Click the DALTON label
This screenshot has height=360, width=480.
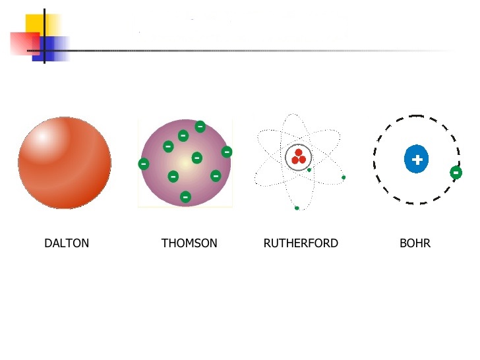click(x=67, y=243)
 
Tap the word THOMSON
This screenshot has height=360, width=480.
click(x=189, y=243)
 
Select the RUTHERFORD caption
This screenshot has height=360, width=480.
click(x=301, y=243)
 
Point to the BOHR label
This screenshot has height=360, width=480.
click(x=415, y=243)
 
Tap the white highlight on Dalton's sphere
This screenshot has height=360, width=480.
click(x=42, y=137)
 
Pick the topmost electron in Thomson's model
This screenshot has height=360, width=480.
click(x=200, y=127)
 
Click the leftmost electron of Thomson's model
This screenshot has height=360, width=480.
click(x=143, y=164)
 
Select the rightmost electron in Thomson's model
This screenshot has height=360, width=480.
click(x=227, y=152)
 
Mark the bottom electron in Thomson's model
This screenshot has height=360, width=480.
click(x=185, y=196)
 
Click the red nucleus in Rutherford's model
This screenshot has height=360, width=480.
click(x=299, y=157)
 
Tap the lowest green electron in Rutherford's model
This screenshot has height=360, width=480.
click(x=297, y=208)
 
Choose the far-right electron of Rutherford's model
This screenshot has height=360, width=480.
click(x=344, y=177)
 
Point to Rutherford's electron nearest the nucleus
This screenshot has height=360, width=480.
click(x=309, y=170)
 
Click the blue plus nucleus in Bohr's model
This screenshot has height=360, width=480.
click(x=417, y=160)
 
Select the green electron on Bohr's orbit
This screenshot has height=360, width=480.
click(x=456, y=173)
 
